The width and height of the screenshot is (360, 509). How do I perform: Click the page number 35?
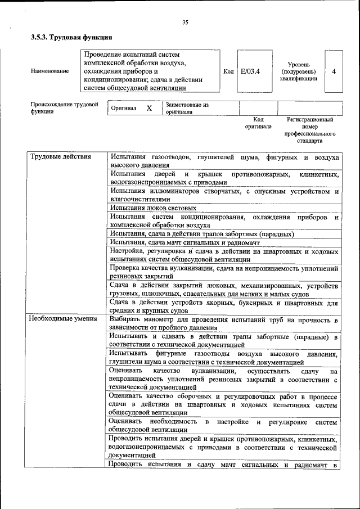click(185, 22)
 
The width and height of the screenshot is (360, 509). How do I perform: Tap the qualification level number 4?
click(334, 71)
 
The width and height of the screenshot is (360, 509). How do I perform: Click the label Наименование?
click(50, 71)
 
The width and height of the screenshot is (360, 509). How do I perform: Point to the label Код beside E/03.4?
click(228, 71)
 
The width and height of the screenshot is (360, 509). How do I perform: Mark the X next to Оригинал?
click(149, 107)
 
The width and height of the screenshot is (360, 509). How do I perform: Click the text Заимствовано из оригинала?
click(187, 108)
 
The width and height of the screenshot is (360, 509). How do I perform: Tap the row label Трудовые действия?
click(60, 156)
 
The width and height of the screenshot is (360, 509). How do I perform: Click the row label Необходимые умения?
click(64, 319)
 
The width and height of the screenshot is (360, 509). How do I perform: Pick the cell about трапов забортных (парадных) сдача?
click(201, 233)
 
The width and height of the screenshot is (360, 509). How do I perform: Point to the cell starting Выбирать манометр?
click(223, 323)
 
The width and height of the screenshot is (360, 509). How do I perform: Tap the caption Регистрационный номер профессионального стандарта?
click(309, 130)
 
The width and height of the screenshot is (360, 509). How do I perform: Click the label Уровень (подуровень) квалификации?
click(298, 71)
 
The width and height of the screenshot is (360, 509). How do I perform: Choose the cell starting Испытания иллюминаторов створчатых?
click(223, 195)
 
